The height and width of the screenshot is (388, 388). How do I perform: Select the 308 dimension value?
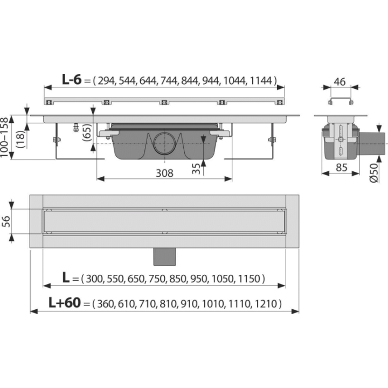pos(164,173)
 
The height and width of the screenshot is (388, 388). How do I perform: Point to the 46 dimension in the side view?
pos(339,82)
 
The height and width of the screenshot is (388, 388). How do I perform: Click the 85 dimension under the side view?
pos(342,168)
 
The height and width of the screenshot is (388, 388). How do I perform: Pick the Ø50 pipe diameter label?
pos(374,173)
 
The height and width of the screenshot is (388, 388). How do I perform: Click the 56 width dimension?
pos(6,221)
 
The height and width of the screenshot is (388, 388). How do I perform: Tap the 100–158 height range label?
pos(4,137)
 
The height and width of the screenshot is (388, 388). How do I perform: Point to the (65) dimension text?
pos(87,133)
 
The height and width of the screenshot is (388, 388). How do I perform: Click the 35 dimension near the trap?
pos(196,169)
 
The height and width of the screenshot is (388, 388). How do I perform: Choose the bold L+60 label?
pos(65,302)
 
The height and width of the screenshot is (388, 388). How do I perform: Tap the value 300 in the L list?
pos(94,279)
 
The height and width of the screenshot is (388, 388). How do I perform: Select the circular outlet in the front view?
pos(164,143)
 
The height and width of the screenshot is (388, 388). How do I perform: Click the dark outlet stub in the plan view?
pos(164,257)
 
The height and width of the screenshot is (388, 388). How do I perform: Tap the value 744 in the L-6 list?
pos(169,81)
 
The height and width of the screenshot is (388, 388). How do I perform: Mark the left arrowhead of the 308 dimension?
pos(100,179)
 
